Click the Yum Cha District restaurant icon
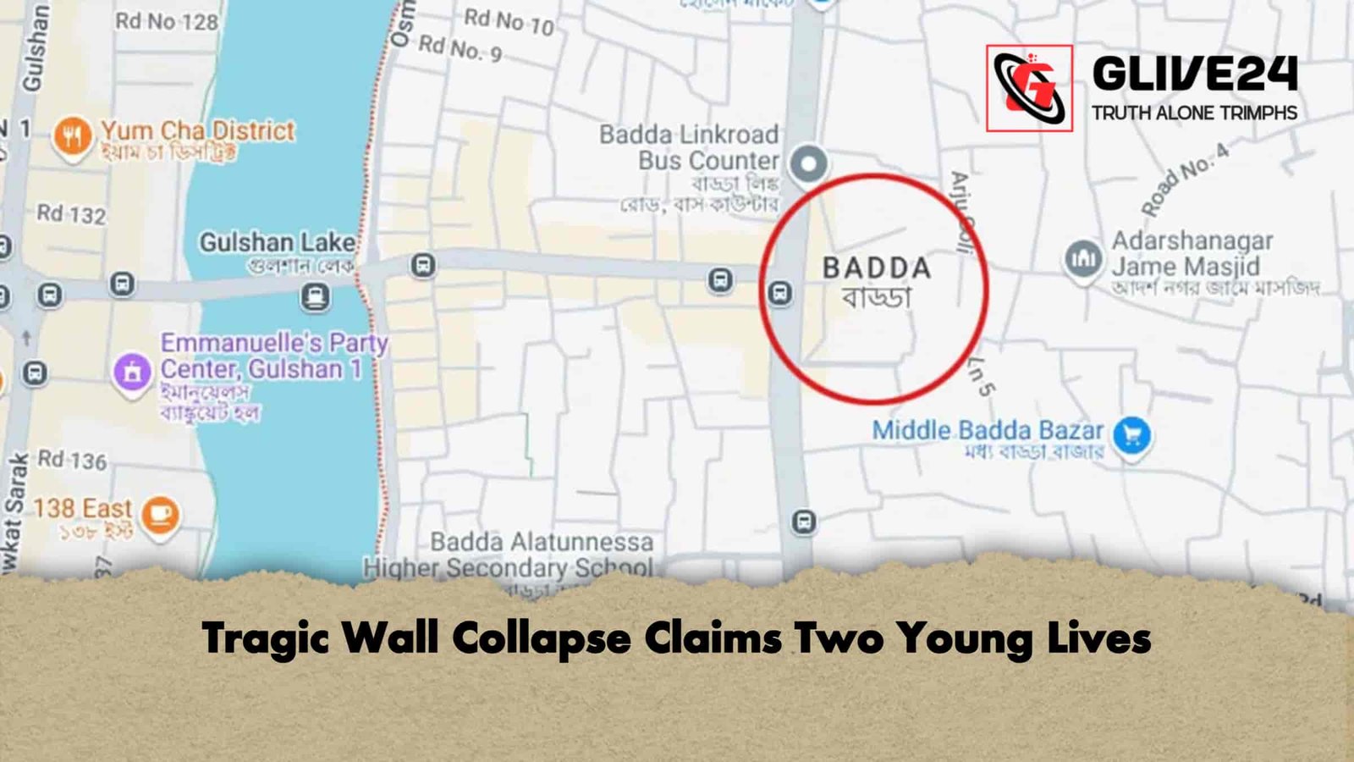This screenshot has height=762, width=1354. pyautogui.click(x=72, y=135)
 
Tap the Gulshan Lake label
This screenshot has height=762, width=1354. pyautogui.click(x=277, y=243)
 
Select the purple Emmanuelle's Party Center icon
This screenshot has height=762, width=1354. pyautogui.click(x=132, y=371)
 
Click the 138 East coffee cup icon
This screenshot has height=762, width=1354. pyautogui.click(x=160, y=513)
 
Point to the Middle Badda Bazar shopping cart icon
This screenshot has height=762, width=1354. pyautogui.click(x=1132, y=435)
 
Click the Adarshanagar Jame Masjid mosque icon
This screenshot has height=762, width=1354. pyautogui.click(x=1083, y=258)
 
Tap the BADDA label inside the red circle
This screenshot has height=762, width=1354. pyautogui.click(x=877, y=268)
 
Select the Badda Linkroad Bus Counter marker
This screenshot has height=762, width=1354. pyautogui.click(x=808, y=163)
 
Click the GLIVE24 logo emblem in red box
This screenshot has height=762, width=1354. pyautogui.click(x=1029, y=88)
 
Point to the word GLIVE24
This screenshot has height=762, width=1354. pyautogui.click(x=1194, y=75)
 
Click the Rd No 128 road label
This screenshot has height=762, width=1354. pyautogui.click(x=167, y=20)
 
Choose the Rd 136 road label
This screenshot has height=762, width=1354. pyautogui.click(x=73, y=461)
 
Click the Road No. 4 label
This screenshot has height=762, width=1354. pyautogui.click(x=1184, y=179)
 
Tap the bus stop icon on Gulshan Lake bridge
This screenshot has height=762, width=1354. pyautogui.click(x=315, y=296)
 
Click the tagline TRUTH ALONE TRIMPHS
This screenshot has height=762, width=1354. pyautogui.click(x=1194, y=113)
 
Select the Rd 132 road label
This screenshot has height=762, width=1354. pyautogui.click(x=71, y=214)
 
